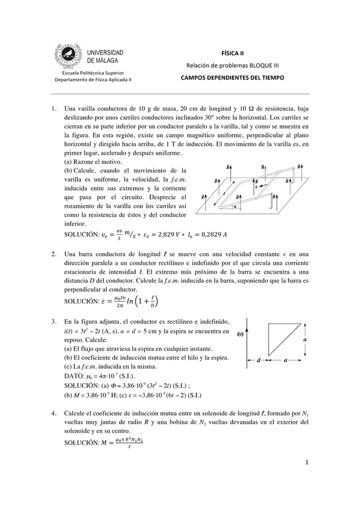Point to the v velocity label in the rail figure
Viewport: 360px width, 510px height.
tap(256, 187)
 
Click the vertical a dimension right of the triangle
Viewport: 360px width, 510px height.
tap(306, 340)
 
